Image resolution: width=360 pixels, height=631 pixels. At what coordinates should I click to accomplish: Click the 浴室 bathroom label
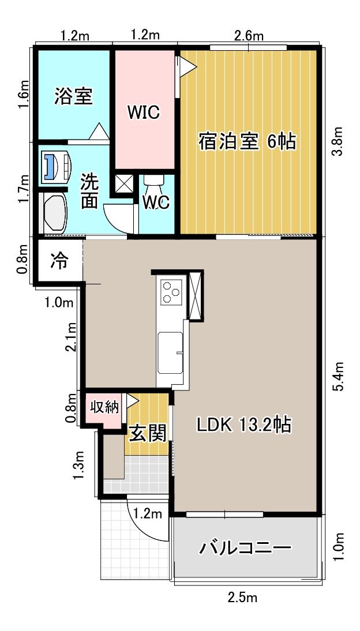click(x=73, y=96)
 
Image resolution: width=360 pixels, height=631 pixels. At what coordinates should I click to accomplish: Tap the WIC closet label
click(x=143, y=112)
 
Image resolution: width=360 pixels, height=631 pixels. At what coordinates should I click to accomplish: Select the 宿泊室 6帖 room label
click(x=247, y=141)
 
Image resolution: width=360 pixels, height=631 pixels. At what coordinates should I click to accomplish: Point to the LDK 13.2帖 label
click(x=243, y=425)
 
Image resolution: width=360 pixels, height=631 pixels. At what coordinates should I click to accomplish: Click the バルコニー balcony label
click(x=245, y=547)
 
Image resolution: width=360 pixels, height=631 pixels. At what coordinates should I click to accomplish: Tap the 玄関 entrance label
click(x=147, y=433)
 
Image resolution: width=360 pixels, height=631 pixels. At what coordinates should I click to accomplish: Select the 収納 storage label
click(x=104, y=407)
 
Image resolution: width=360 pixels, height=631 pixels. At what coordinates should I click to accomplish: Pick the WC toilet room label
click(x=156, y=203)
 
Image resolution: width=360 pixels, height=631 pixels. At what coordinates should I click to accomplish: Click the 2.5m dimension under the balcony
click(x=242, y=597)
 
